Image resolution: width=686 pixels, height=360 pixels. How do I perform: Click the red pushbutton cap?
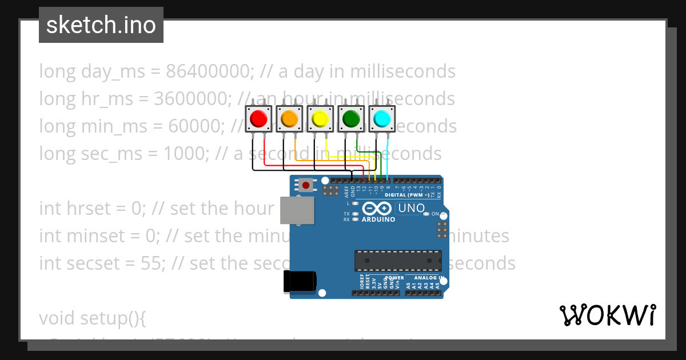point(258,119)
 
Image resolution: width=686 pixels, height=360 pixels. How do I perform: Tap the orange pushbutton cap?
point(289,119)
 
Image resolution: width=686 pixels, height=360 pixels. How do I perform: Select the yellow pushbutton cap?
point(320,119)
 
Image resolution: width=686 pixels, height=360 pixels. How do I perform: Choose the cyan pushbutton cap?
point(381,119)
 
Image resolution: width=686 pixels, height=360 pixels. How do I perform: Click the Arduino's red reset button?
point(306,185)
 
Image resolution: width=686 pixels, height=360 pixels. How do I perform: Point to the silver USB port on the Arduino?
point(297,210)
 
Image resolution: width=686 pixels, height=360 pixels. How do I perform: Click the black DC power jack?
point(299,282)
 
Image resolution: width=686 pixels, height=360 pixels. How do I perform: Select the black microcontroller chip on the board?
point(398,260)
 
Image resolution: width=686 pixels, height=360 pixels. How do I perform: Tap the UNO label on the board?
point(411,209)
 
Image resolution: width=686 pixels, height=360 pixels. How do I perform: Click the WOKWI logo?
point(607,315)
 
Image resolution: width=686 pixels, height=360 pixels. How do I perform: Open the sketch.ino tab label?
point(101,25)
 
